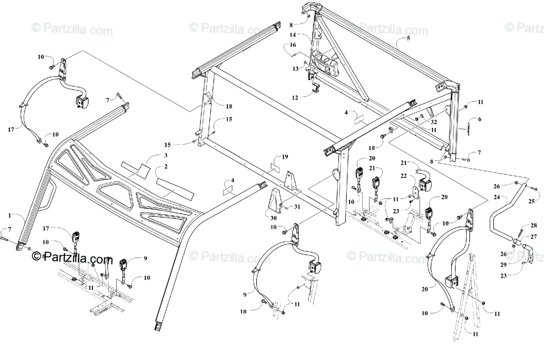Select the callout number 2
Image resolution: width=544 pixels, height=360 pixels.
[x=166, y=167]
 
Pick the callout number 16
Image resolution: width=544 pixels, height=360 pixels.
[x=292, y=45]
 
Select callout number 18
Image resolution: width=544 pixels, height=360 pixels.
[x=228, y=106]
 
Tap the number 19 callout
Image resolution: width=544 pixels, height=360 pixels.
[x=284, y=157]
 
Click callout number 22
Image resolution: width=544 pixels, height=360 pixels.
[x=416, y=176]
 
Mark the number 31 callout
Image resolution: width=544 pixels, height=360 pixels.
[x=297, y=207]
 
